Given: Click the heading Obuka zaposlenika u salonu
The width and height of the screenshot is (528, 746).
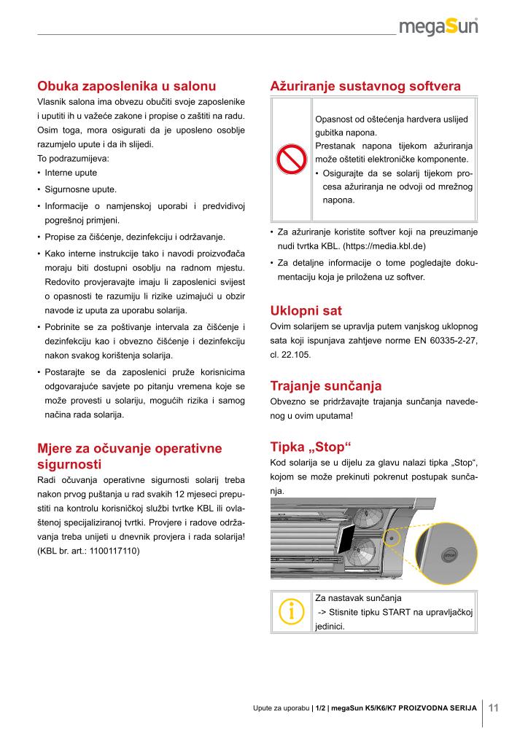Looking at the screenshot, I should click(126, 85).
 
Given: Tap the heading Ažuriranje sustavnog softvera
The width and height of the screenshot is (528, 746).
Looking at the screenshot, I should click(365, 85).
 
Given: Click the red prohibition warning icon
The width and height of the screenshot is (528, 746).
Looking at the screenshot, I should click(290, 160).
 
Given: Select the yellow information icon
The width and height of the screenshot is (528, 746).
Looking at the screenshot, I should click(290, 611).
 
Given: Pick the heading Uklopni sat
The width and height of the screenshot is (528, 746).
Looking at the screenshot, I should click(306, 310).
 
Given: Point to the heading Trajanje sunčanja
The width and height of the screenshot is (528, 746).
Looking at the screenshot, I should click(326, 385).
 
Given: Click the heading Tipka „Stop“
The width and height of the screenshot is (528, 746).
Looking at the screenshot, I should click(311, 446).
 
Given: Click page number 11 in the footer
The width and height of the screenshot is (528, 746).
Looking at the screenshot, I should click(493, 706).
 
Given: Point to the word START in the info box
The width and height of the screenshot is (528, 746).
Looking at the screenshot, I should click(395, 612).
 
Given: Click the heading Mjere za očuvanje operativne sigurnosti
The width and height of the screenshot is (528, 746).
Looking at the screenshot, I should click(129, 455).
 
